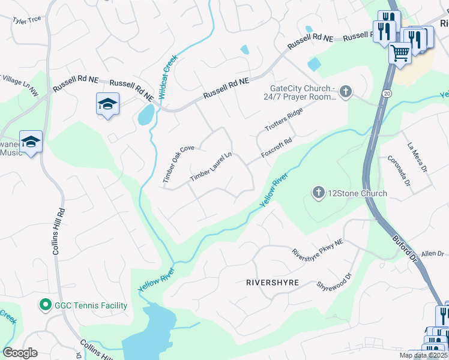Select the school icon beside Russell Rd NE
(x=107, y=104)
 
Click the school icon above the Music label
(x=31, y=142)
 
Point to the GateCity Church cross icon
(x=345, y=92)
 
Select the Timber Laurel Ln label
(x=211, y=167)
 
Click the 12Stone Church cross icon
(x=318, y=193)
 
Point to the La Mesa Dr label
(x=417, y=157)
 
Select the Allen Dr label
(x=432, y=254)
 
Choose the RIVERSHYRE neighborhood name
(x=272, y=282)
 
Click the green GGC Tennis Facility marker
(x=44, y=305)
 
